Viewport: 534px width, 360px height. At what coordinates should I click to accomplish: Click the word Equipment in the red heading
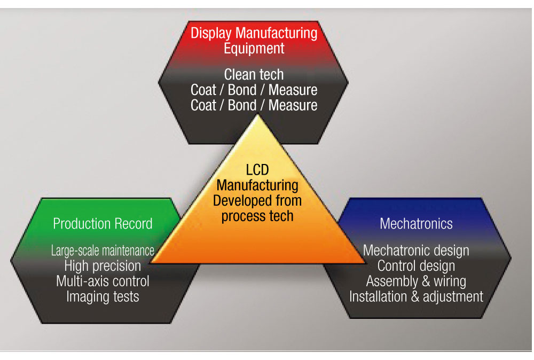(x=254, y=49)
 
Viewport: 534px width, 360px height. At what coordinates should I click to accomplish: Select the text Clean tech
(x=254, y=74)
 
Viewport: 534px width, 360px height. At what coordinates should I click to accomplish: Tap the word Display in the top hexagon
(x=211, y=33)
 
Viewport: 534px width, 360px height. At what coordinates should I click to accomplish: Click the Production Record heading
(x=103, y=223)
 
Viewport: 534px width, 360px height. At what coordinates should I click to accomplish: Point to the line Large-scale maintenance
(x=103, y=250)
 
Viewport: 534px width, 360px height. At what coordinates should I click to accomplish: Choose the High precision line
(x=103, y=265)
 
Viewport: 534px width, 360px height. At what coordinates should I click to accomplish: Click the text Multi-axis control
(x=103, y=281)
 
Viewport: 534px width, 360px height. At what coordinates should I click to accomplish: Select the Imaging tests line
(x=103, y=296)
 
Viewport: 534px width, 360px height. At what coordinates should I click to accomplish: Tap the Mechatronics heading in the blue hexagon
(x=416, y=223)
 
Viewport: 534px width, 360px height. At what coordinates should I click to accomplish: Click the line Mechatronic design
(x=416, y=250)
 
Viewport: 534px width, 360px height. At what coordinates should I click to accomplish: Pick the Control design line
(x=416, y=265)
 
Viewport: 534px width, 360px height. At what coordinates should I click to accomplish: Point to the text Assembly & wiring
(x=416, y=281)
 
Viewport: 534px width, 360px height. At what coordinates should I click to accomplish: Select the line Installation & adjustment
(x=416, y=296)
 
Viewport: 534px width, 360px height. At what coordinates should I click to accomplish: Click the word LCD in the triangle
(x=257, y=170)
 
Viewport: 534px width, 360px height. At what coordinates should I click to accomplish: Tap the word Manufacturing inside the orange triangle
(x=257, y=185)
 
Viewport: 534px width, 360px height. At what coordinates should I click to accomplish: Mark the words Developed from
(x=257, y=201)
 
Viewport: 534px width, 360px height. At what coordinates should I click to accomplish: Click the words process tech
(x=257, y=216)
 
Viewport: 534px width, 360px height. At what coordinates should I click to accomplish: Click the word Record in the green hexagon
(x=133, y=223)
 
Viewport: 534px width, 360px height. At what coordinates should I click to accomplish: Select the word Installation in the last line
(x=379, y=296)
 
